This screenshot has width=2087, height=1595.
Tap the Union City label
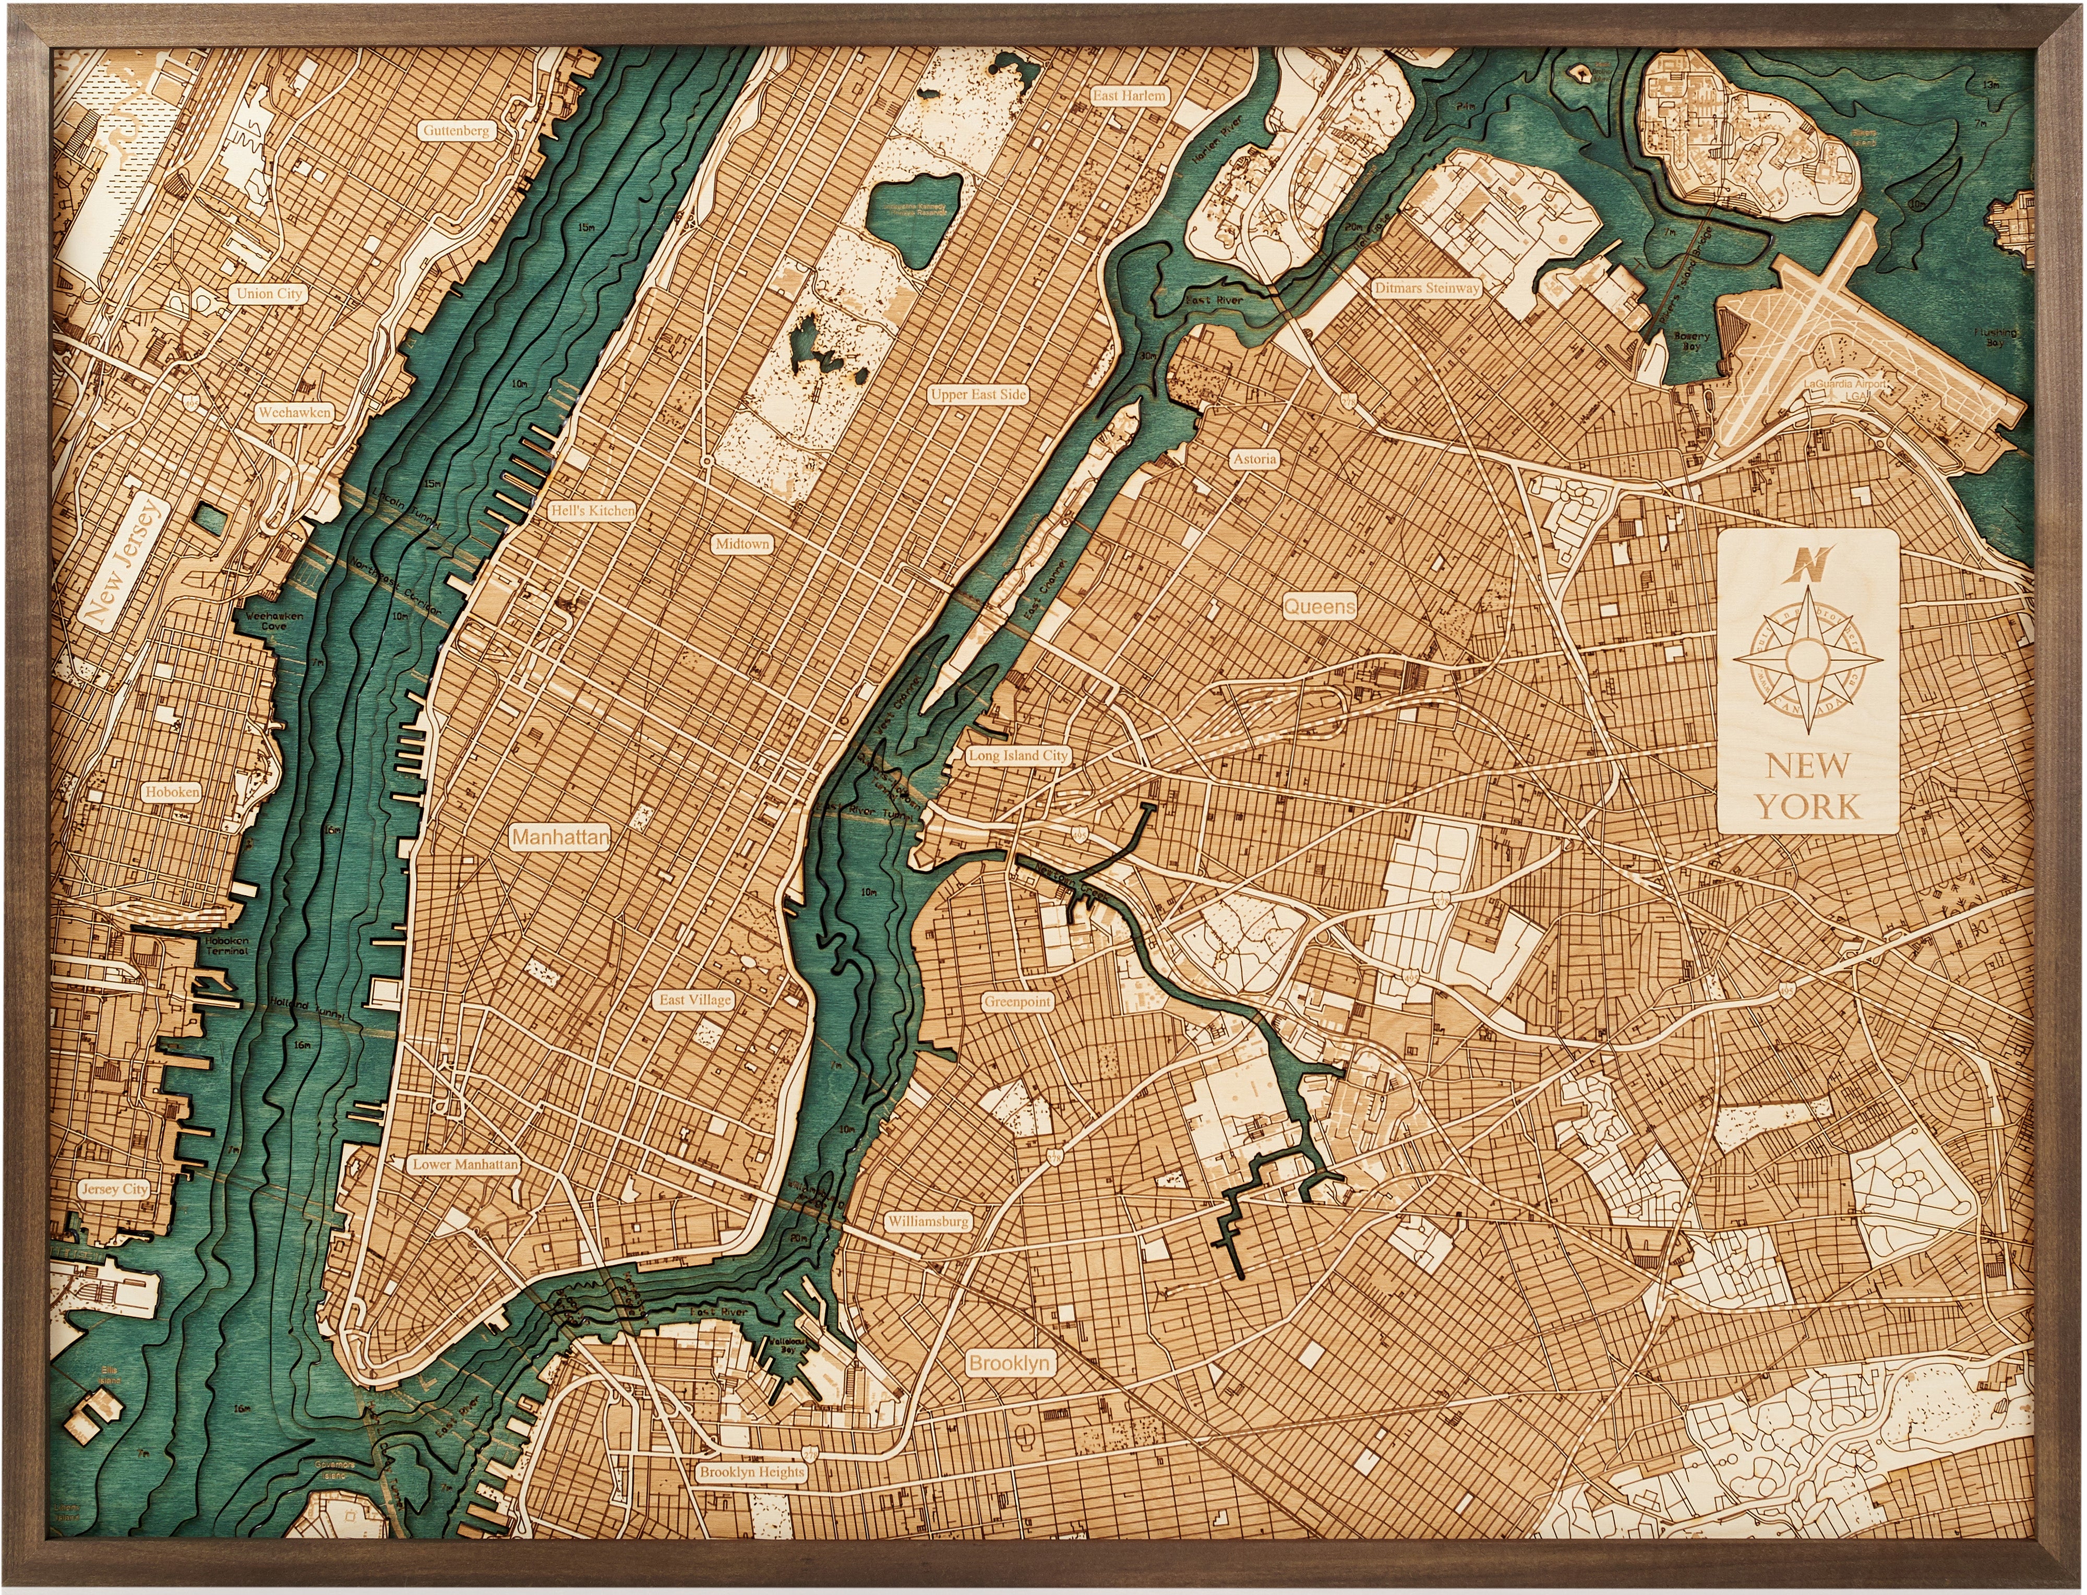(269, 293)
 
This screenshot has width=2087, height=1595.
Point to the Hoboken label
(173, 791)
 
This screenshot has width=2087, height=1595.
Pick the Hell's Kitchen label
(593, 510)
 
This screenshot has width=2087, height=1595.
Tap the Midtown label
(742, 544)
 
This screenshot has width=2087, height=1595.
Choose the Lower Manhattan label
(465, 1164)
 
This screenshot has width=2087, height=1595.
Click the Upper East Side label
(978, 394)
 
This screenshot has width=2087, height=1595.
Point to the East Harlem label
(1129, 96)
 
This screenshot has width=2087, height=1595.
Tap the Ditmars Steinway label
(1426, 287)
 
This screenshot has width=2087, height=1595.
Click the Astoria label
(1254, 459)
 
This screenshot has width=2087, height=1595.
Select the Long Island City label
(1018, 755)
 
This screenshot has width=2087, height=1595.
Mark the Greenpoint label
(1017, 1002)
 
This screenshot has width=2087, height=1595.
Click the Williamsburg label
(928, 1222)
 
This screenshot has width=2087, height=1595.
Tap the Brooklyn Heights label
(752, 1472)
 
